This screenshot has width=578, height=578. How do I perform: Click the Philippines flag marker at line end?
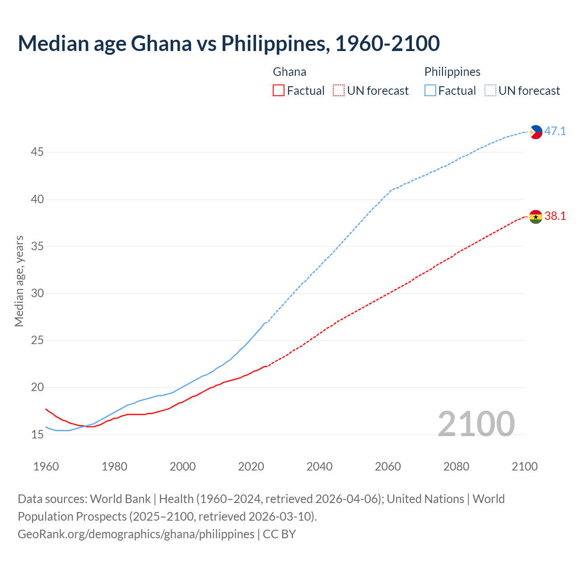pos(536,132)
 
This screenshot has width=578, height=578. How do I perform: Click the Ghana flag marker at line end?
pos(536,217)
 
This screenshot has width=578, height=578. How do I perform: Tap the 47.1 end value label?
pos(555,131)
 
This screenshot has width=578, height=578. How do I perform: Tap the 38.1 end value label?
pos(555,216)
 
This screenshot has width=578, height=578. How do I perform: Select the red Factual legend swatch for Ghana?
pos(279,91)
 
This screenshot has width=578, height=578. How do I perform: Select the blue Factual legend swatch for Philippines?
pos(430,91)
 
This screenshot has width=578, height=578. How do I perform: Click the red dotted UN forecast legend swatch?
pos(339,91)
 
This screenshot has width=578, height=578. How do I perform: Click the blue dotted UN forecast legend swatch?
pos(490,91)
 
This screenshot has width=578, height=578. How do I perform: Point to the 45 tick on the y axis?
pos(37,152)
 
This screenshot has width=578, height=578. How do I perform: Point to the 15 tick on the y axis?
pos(37,434)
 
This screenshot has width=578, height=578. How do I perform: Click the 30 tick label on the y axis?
pos(37,294)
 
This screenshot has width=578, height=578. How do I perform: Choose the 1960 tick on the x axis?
pos(46,466)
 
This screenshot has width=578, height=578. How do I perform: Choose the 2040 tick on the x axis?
pos(319,466)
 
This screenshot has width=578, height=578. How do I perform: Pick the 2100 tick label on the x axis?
pos(525,466)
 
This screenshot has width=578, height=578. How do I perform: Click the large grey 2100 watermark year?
pos(476,424)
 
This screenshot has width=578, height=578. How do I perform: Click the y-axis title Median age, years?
pos(19,281)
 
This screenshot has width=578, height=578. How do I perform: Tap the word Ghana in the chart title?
pos(161,43)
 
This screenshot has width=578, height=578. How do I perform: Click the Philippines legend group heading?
pos(452,72)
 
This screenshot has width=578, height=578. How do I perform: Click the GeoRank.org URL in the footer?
pos(136,534)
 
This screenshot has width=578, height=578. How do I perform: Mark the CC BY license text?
pos(279,534)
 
